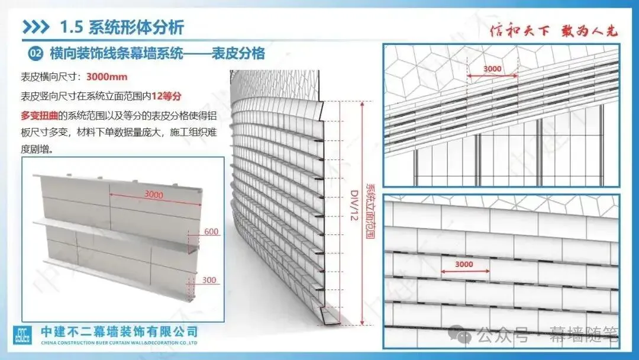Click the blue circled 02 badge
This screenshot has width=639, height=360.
[35, 53]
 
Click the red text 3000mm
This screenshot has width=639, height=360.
[106, 76]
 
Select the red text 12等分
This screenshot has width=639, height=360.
[166, 97]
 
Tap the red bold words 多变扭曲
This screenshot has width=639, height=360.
[39, 116]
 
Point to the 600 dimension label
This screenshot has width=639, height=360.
[211, 232]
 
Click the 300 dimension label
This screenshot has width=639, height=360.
[209, 280]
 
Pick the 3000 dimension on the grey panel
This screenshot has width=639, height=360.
[154, 194]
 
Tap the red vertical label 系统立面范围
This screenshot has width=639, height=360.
[370, 211]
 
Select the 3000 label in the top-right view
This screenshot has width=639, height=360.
[492, 69]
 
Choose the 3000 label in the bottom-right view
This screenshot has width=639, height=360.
[464, 264]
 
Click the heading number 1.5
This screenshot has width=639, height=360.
[72, 27]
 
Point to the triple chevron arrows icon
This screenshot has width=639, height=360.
[36, 27]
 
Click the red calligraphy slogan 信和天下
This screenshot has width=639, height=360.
[519, 31]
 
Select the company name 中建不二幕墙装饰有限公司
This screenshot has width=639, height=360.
[120, 332]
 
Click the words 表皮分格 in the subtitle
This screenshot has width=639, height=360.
[238, 53]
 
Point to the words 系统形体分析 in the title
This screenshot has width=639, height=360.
[136, 27]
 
